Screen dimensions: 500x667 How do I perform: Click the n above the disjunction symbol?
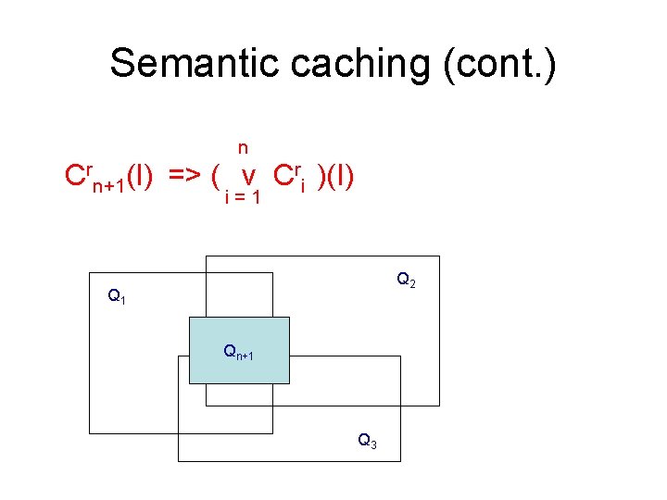243,147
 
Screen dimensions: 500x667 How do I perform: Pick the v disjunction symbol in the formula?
247,176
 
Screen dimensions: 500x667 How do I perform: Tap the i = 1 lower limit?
243,197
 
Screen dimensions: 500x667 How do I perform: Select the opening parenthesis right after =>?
215,176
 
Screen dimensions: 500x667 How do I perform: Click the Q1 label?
117,297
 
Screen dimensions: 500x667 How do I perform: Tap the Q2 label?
406,279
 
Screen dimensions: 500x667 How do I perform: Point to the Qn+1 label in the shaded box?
238,352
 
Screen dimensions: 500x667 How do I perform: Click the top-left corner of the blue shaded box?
189,318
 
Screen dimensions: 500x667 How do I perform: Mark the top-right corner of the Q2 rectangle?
439,256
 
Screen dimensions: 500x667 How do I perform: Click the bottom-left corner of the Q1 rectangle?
90,432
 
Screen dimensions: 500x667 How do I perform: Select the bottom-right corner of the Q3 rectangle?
400,461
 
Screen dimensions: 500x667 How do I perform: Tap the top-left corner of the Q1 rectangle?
90,273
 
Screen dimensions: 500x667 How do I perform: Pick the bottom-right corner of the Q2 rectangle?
439,406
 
